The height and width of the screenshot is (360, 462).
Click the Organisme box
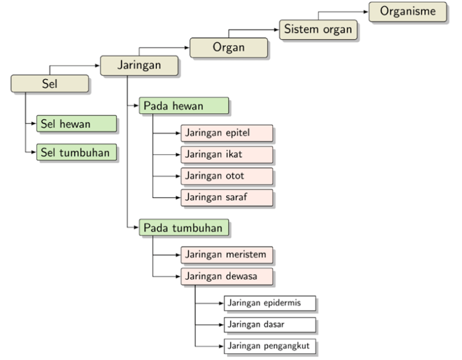pyautogui.click(x=407, y=11)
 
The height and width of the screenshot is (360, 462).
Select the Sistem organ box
pyautogui.click(x=318, y=29)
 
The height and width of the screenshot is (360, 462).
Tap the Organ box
pyautogui.click(x=229, y=48)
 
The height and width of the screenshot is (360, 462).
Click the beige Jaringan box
pyautogui.click(x=139, y=66)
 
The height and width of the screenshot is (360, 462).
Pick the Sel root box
pyautogui.click(x=50, y=84)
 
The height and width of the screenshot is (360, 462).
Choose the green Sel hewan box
pyautogui.click(x=76, y=124)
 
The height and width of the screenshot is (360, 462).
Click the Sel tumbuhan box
pyautogui.click(x=76, y=152)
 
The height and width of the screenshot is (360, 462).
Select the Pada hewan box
pyautogui.click(x=184, y=106)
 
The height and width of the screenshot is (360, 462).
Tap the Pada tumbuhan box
pyautogui.click(x=184, y=228)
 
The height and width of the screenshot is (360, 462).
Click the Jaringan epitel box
pyautogui.click(x=227, y=133)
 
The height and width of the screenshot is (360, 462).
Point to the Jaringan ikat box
pyautogui.click(x=227, y=155)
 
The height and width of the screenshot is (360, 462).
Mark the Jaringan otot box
pyautogui.click(x=227, y=176)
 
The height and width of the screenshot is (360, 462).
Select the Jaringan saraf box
pyautogui.click(x=227, y=197)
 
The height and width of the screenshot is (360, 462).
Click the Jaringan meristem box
pyautogui.click(x=227, y=255)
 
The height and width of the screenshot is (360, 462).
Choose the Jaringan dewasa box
pyautogui.click(x=227, y=276)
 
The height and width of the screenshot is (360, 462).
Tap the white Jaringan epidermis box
pyautogui.click(x=269, y=303)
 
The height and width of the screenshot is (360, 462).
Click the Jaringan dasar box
pyautogui.click(x=269, y=325)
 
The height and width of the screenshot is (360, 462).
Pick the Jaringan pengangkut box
pyautogui.click(x=269, y=346)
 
